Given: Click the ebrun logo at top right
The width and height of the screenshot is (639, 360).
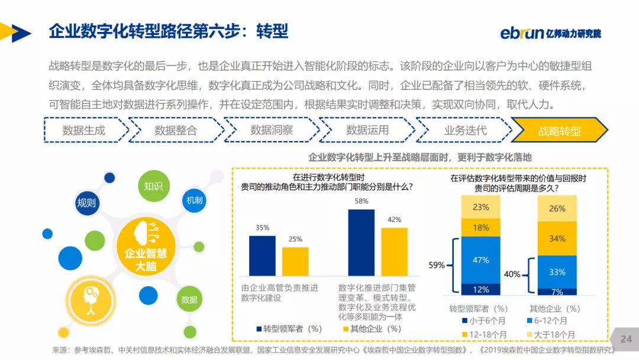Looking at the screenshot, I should pos(550,33).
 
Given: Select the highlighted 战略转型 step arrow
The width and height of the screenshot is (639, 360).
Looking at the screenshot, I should pos(559,131).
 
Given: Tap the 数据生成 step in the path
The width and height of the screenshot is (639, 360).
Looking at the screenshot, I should pos(85,131).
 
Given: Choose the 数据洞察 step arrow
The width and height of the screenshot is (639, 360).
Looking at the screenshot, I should pos(272,131).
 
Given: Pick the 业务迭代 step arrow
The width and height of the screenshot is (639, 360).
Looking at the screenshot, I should pos(465,131).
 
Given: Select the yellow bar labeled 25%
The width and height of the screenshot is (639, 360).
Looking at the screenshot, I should pos(295,261).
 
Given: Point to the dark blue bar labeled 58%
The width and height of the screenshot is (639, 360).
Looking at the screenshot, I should pos(362,243).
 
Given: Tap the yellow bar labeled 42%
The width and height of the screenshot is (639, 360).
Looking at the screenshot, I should pos(394,252).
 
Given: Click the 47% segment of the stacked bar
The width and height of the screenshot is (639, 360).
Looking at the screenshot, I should pos(481,260).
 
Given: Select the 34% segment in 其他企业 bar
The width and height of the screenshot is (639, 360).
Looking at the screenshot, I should pos(557,239).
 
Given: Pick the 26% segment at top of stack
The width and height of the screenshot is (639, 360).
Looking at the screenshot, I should pos(557,208).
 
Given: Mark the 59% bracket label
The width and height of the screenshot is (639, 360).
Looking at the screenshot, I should pos(437,265).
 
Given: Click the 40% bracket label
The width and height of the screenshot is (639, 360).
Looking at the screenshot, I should pos(512,274).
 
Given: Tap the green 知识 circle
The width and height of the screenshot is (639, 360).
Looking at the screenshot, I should pos(153,186).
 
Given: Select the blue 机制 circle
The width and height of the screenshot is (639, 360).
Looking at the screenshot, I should pos(195,200).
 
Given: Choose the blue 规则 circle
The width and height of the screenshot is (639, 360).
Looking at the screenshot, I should pos(86,203).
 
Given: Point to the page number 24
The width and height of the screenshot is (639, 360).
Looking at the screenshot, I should pos(626,339).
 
